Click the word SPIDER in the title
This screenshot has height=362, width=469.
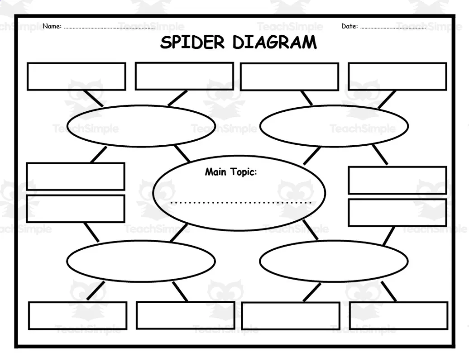pyautogui.click(x=192, y=43)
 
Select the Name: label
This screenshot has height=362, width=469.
pyautogui.click(x=52, y=26)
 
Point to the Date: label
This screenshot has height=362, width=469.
pyautogui.click(x=349, y=26)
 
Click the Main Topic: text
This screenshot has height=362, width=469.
pyautogui.click(x=231, y=172)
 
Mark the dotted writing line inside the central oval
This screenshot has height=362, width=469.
pyautogui.click(x=242, y=202)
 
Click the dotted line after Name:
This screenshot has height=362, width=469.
pyautogui.click(x=109, y=28)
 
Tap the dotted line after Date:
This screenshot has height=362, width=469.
pyautogui.click(x=393, y=28)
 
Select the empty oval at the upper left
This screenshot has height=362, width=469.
pyautogui.click(x=141, y=126)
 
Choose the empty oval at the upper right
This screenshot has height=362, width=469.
pyautogui.click(x=334, y=126)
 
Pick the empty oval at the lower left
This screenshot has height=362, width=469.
pyautogui.click(x=141, y=261)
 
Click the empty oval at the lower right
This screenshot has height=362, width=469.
pyautogui.click(x=334, y=261)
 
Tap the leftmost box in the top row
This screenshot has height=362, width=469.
pyautogui.click(x=76, y=76)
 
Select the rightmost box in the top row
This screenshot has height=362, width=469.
pyautogui.click(x=397, y=76)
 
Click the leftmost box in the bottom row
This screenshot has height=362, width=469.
pyautogui.click(x=77, y=315)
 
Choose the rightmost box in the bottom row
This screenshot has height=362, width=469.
pyautogui.click(x=398, y=315)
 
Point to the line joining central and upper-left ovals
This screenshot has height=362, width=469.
pyautogui.click(x=182, y=153)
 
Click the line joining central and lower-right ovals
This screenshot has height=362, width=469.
pyautogui.click(x=311, y=231)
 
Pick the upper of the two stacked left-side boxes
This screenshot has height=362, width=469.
pyautogui.click(x=76, y=176)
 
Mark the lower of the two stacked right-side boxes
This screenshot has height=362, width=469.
pyautogui.click(x=397, y=212)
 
